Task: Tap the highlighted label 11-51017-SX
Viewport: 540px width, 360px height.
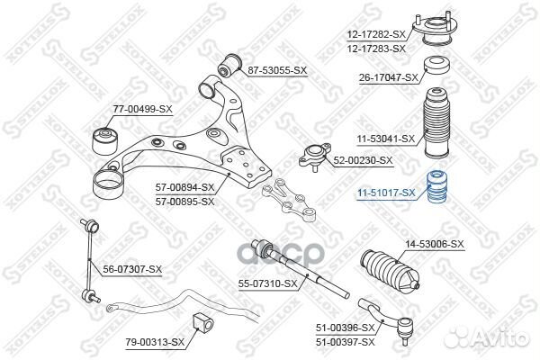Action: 384,192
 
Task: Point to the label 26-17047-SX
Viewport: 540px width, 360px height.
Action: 388,77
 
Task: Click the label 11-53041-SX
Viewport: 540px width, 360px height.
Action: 384,139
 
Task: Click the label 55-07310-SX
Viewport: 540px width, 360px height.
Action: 267,283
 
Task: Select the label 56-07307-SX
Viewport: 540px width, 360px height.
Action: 132,269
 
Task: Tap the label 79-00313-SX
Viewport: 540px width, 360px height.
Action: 154,342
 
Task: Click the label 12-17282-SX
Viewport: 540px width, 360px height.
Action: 375,34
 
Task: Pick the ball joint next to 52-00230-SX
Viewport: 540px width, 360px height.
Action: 315,157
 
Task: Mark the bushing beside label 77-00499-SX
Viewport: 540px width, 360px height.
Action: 103,139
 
